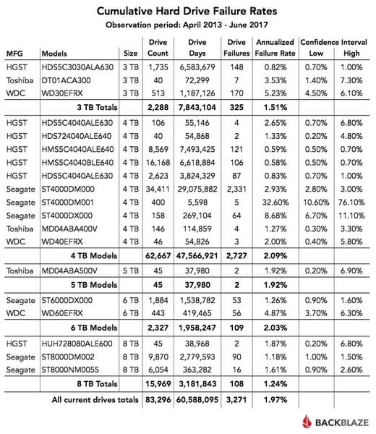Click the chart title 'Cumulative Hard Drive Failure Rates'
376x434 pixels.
tap(188, 12)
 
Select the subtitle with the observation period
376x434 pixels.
tap(188, 27)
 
